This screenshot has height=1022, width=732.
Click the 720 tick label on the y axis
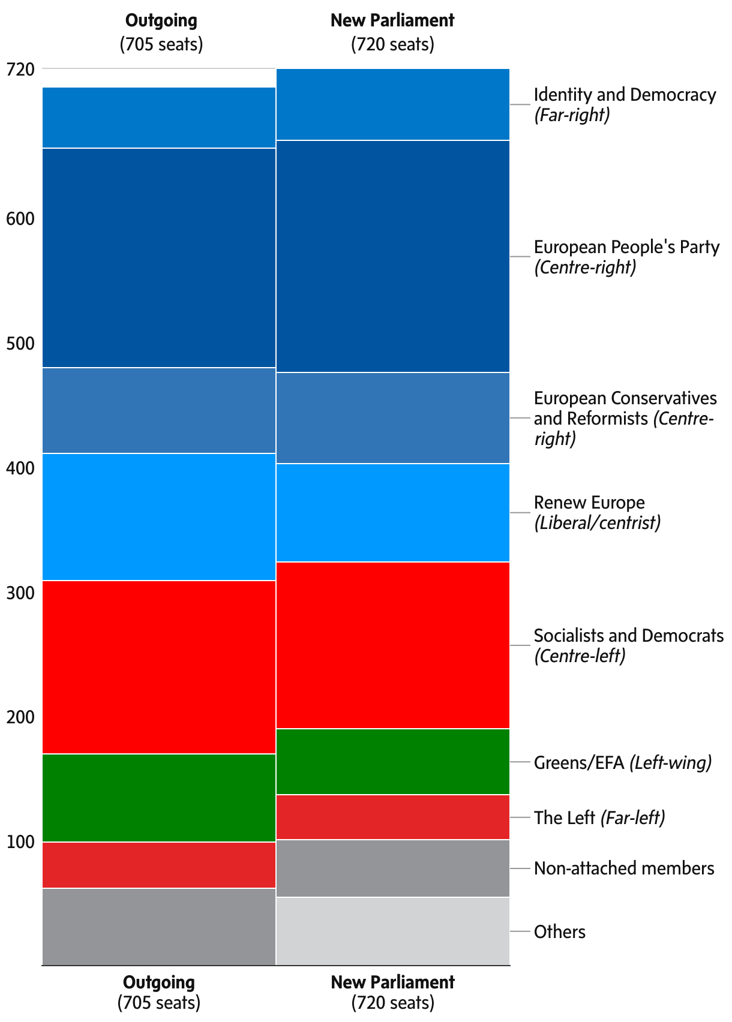(x=20, y=70)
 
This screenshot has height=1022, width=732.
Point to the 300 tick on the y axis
(x=20, y=593)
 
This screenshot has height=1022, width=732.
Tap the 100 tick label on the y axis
(x=20, y=842)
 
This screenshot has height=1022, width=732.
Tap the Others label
(x=559, y=931)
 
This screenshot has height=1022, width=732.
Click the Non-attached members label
(x=624, y=868)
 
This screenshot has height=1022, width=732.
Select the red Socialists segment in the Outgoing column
(x=159, y=667)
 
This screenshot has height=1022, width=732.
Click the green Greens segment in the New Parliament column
(x=392, y=762)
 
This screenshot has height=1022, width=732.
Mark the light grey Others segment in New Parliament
(x=392, y=931)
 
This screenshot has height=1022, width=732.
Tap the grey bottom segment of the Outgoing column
(x=159, y=927)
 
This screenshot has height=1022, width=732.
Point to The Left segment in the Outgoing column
(x=159, y=865)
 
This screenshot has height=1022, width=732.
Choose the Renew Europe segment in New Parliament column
(x=392, y=513)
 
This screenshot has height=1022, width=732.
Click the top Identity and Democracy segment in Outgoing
(x=159, y=118)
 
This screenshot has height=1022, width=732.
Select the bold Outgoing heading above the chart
(x=161, y=20)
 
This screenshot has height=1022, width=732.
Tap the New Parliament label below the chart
(x=392, y=982)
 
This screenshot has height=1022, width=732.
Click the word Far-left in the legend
(x=632, y=817)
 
